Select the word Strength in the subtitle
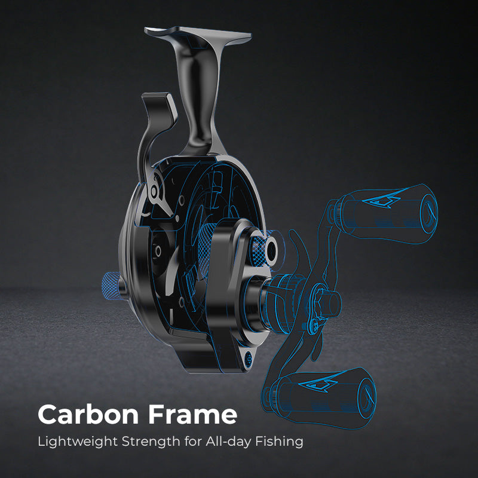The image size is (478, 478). tap(142, 443)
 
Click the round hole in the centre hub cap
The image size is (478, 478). tap(266, 245)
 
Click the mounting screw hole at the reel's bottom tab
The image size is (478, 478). tap(247, 358)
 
